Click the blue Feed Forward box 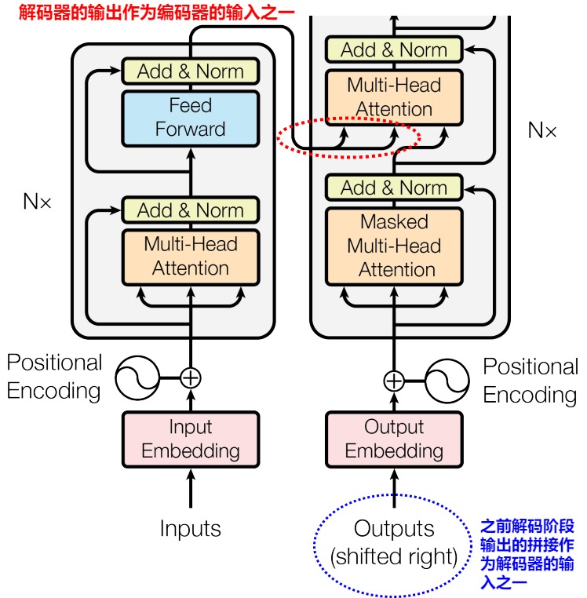191,119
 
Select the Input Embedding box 191,439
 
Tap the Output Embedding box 394,439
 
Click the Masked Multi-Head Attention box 394,246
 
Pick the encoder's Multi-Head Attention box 191,257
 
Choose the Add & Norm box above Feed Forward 191,71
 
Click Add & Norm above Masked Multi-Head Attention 394,188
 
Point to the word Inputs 191,529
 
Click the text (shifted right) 394,556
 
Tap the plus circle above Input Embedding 191,378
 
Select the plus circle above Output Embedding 394,381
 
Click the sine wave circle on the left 137,378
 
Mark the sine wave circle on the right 447,381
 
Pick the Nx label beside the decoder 542,130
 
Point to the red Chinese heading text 157,13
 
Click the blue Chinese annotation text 527,554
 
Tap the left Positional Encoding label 54,377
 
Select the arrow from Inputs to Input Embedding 191,488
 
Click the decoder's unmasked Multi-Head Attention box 394,97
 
